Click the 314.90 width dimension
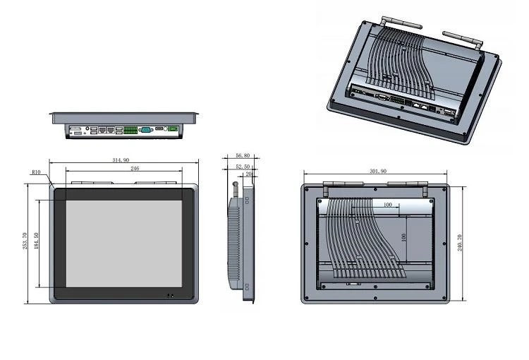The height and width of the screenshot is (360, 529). click(x=121, y=160)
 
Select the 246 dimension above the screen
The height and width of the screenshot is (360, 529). click(x=135, y=168)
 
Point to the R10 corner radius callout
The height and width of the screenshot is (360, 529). click(x=36, y=172)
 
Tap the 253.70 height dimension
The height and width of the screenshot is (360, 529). click(x=25, y=241)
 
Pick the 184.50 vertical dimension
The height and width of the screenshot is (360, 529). click(x=37, y=241)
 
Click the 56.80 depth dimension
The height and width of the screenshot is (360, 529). click(x=243, y=156)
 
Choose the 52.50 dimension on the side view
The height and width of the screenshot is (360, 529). click(x=243, y=167)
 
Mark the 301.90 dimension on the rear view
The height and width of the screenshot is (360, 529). click(x=378, y=172)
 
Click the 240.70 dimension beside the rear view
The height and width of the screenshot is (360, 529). click(x=460, y=243)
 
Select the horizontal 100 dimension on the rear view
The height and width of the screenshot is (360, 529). click(x=388, y=205)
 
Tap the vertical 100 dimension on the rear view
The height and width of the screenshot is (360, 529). click(x=404, y=237)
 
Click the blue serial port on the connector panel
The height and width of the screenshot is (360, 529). click(x=146, y=130)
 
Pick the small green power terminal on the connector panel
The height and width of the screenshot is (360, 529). click(x=173, y=128)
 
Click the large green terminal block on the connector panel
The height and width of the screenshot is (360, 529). click(x=130, y=130)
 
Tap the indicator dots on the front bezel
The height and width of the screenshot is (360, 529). click(x=171, y=296)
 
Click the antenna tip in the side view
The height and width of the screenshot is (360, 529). click(x=236, y=184)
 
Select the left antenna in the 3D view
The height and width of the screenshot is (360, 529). click(x=401, y=23)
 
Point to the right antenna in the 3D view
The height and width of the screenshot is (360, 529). click(x=463, y=40)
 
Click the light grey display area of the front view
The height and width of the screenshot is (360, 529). click(x=124, y=244)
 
